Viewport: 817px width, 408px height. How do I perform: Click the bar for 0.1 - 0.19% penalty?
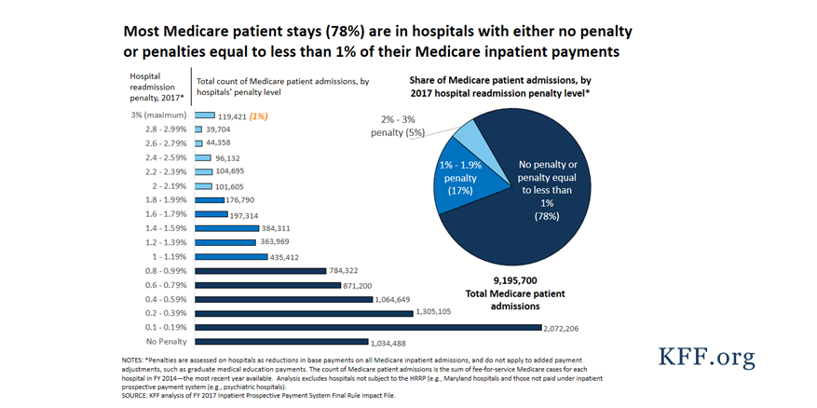click(x=367, y=327)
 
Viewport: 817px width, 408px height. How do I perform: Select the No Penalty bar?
click(x=281, y=342)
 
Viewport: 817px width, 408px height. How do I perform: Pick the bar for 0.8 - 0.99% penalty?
click(x=260, y=270)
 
